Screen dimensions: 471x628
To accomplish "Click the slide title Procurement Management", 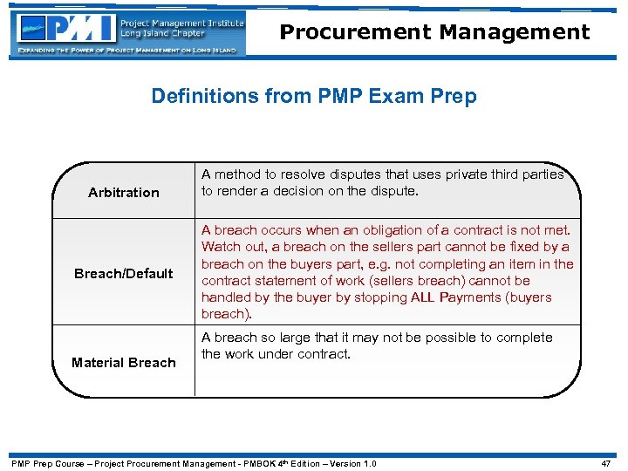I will click(434, 32).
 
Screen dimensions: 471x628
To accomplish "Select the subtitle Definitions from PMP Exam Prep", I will click(314, 95).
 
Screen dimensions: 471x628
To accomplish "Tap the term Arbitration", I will click(124, 192).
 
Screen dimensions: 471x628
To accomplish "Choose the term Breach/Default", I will click(124, 273).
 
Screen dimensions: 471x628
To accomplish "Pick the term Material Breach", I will click(124, 362).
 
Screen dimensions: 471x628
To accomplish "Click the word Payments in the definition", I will click(447, 297).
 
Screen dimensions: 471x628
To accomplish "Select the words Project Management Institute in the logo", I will click(182, 23).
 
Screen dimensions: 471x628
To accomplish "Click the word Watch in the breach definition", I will click(221, 247).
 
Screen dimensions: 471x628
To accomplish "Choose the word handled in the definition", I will click(227, 297).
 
